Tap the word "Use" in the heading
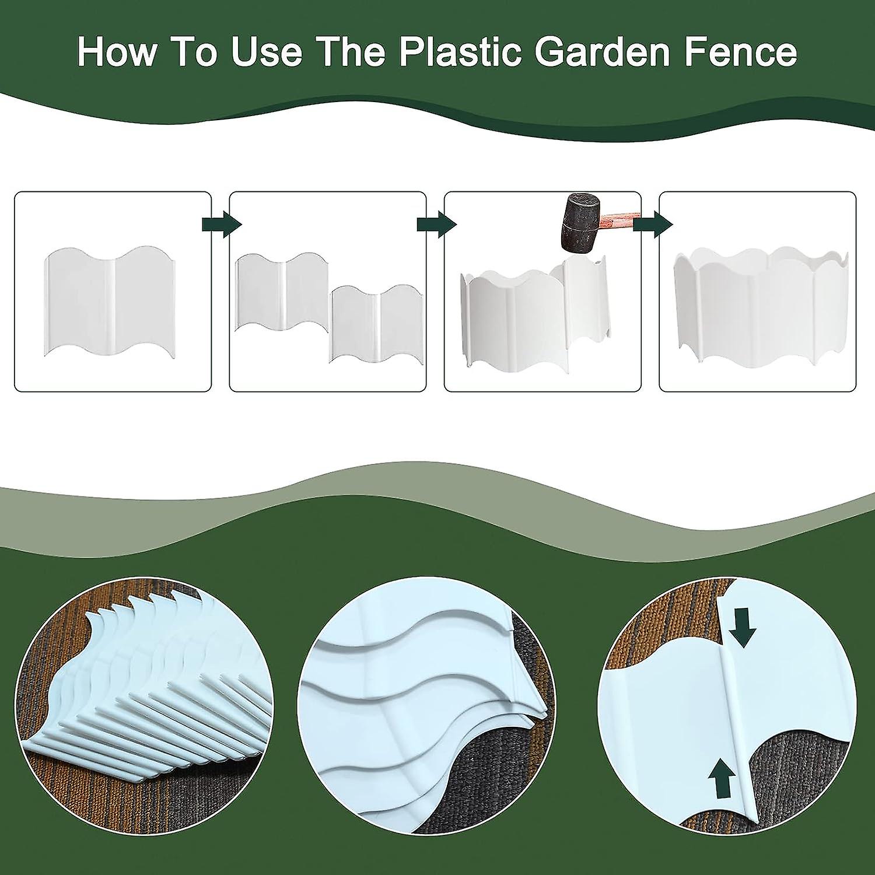[267, 52]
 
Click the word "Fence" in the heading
[740, 52]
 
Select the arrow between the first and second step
[221, 225]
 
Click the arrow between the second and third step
[436, 225]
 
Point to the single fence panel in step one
[110, 301]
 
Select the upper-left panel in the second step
[282, 292]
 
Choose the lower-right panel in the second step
[377, 324]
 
